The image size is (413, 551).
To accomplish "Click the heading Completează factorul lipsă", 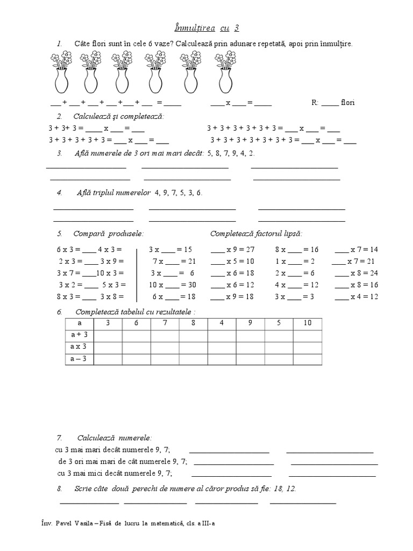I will tap(256, 234).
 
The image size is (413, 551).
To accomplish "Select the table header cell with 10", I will tap(307, 323).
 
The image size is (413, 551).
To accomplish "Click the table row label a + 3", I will tap(79, 335).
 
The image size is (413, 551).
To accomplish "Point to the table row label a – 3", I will tap(79, 358).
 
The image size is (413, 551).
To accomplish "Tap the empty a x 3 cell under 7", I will tap(165, 347).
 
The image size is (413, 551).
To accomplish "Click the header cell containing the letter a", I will tap(79, 323).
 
